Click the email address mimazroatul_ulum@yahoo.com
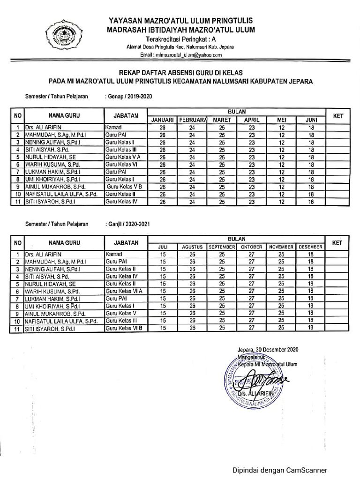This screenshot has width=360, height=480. [181, 55]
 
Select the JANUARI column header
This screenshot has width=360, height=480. [163, 120]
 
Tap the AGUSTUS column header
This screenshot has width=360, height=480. [192, 247]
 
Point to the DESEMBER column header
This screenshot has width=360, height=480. [310, 247]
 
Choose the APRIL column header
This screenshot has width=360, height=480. [251, 120]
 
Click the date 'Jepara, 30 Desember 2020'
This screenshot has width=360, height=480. [265, 349]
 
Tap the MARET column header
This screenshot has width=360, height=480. [222, 120]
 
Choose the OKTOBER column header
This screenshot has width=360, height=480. [251, 247]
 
